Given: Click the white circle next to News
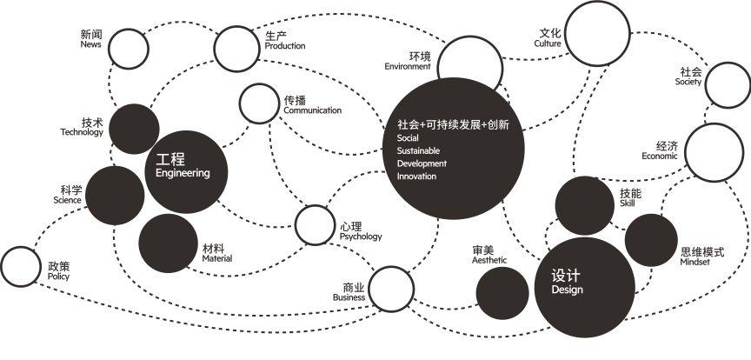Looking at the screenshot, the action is [128, 49].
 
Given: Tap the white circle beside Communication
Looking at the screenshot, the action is [257, 103].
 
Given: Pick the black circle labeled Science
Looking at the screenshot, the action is [115, 195].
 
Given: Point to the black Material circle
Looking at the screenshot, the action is [169, 243].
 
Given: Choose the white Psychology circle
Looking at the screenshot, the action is [315, 225].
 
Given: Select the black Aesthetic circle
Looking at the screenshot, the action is [502, 292].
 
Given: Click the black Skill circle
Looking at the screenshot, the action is [585, 205].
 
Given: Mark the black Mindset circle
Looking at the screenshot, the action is [651, 240].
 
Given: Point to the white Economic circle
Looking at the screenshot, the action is [714, 151].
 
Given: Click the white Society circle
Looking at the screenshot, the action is [728, 83].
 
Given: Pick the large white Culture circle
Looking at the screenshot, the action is [596, 35].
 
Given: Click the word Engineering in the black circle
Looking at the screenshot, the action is [183, 173].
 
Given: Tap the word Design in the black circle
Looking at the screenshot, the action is [567, 290].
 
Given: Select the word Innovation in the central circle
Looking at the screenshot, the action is [416, 177].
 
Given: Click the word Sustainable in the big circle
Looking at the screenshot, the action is [418, 151].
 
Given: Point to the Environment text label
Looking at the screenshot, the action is [408, 67].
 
